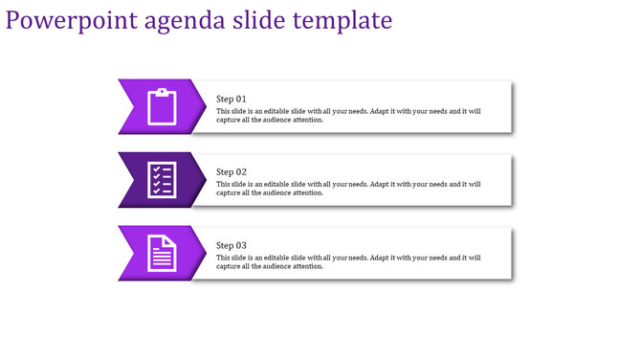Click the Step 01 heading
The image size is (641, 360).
pos(232,99)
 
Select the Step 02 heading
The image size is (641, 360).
pos(232,172)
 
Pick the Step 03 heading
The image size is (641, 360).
pos(232,245)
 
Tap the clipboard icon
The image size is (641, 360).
pos(163,106)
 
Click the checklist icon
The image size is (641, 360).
pos(162,180)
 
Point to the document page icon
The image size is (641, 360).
pos(163,253)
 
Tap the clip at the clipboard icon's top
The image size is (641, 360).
pos(163,92)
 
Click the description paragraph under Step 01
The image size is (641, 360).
pos(348,116)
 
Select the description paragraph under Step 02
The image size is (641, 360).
pos(348,189)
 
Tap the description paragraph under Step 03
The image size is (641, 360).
pos(348,261)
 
